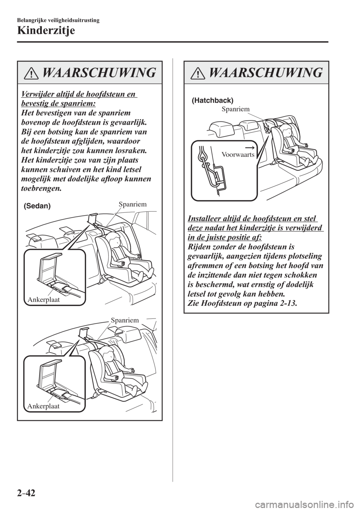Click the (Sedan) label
click(37, 207)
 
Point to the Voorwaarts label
click(238, 154)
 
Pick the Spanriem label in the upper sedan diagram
click(131, 204)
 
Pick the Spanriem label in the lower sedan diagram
click(125, 320)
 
